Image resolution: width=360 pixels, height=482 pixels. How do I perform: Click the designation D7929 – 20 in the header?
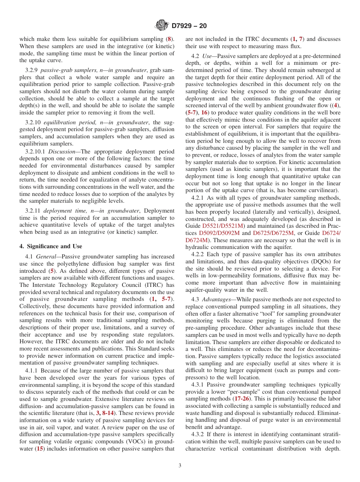pos(189,26)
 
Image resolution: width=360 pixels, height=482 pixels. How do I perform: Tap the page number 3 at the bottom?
pos(180,466)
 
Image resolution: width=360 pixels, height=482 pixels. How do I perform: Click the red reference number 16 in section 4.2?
pos(204,113)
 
